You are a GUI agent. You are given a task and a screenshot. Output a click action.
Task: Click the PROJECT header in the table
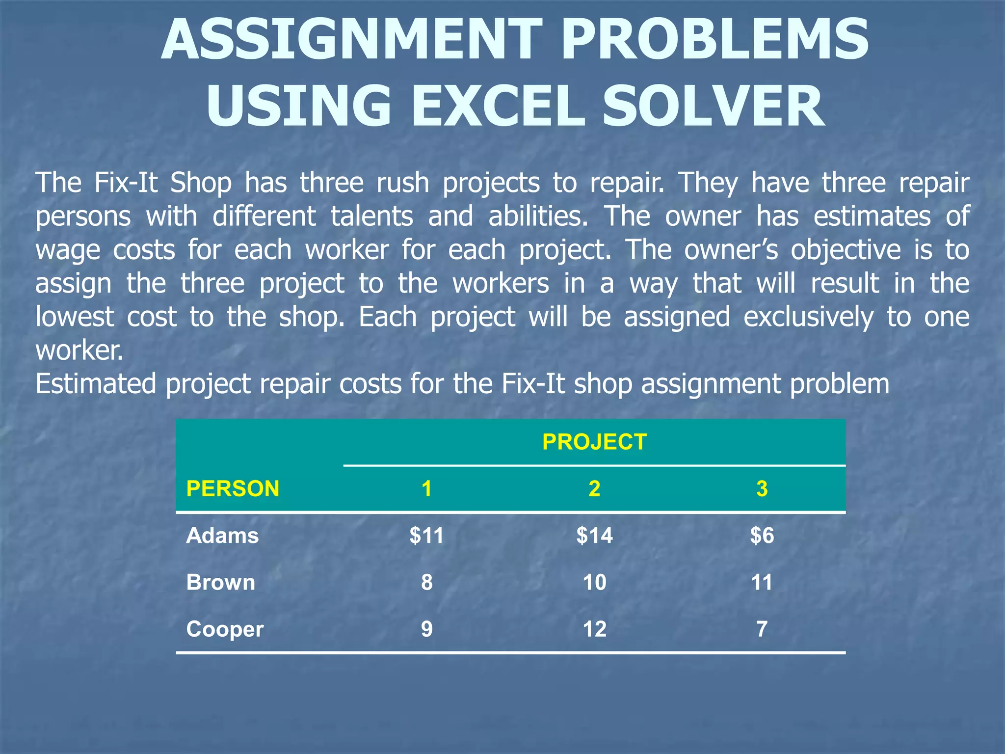(x=594, y=442)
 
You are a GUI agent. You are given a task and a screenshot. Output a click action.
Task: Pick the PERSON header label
(x=233, y=489)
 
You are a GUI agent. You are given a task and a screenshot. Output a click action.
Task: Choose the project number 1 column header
(x=426, y=489)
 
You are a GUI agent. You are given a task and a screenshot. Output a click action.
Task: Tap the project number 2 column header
(x=594, y=489)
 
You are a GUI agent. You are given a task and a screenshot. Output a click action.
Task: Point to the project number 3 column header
(x=762, y=489)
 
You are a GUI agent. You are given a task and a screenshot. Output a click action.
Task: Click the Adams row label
(x=222, y=536)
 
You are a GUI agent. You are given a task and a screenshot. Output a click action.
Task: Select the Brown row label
(x=221, y=583)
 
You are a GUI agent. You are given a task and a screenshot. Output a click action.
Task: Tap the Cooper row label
(x=225, y=629)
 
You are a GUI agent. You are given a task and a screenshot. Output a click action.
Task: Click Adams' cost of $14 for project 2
(x=594, y=536)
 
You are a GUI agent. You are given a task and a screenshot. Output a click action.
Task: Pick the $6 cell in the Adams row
(x=762, y=536)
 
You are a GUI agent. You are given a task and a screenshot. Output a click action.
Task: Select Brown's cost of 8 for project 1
(x=426, y=583)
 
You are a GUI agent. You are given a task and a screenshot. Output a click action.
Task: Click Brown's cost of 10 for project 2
(x=594, y=583)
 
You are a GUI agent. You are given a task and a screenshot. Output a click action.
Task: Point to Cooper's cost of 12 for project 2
(x=594, y=629)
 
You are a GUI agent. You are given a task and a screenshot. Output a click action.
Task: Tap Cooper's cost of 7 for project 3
(x=762, y=629)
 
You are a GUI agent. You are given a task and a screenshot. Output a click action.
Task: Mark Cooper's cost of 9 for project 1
(x=426, y=629)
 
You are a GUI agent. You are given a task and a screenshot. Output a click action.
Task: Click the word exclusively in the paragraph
(x=808, y=317)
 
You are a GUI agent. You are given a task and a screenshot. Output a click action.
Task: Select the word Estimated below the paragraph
(x=96, y=384)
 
